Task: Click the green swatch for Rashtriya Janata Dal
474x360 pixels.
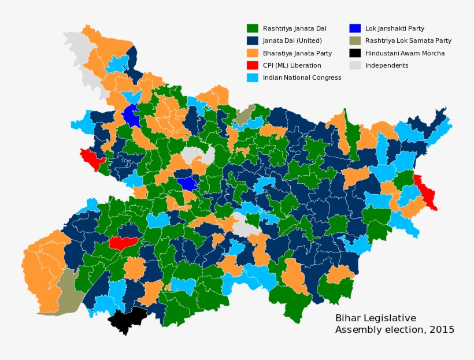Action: pyautogui.click(x=252, y=28)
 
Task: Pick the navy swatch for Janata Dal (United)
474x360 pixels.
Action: pyautogui.click(x=252, y=40)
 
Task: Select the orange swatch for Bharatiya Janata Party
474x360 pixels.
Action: pyautogui.click(x=252, y=53)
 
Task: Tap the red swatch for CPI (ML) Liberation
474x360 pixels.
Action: pyautogui.click(x=252, y=65)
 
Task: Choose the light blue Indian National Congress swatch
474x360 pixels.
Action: pyautogui.click(x=252, y=77)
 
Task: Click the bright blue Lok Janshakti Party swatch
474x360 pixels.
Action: pyautogui.click(x=355, y=28)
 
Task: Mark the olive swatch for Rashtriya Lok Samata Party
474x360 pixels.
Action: pyautogui.click(x=355, y=40)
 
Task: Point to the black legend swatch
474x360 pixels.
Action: pyautogui.click(x=355, y=53)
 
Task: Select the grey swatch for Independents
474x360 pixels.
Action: pyautogui.click(x=355, y=65)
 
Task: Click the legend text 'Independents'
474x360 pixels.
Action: pyautogui.click(x=387, y=65)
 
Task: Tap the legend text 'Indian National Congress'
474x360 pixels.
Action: pyautogui.click(x=302, y=77)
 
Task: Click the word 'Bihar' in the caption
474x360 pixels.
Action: pyautogui.click(x=347, y=318)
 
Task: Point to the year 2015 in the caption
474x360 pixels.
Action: pyautogui.click(x=441, y=330)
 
